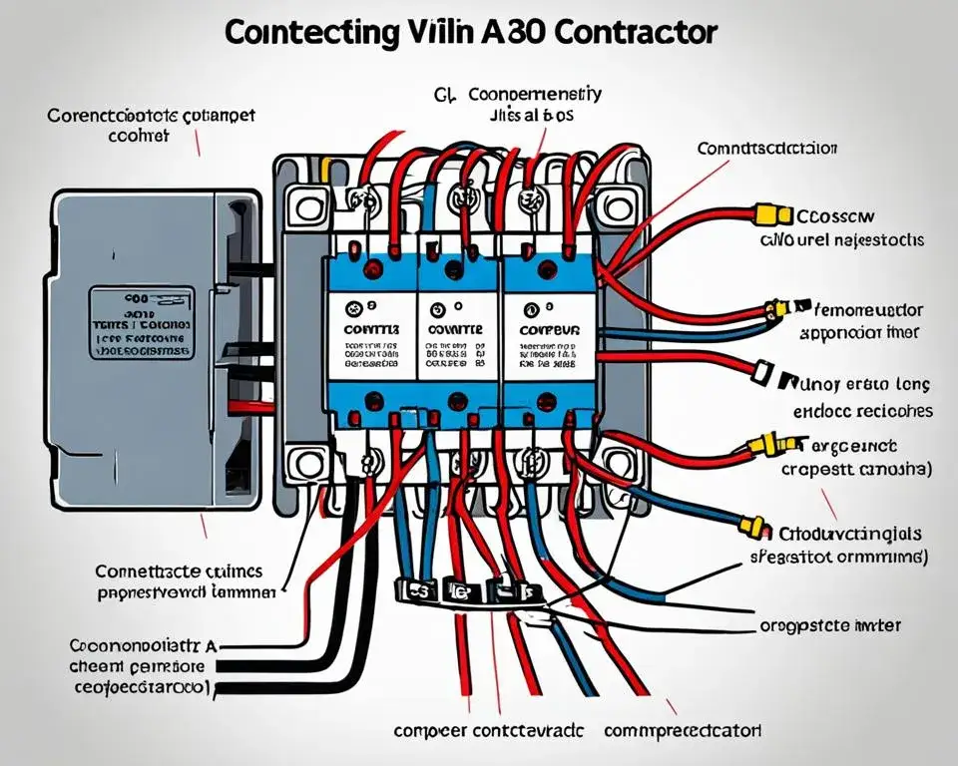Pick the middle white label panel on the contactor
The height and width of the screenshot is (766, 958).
tap(456, 334)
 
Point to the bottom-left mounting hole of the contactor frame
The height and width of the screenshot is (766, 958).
tap(301, 463)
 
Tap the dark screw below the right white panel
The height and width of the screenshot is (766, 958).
tap(545, 402)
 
